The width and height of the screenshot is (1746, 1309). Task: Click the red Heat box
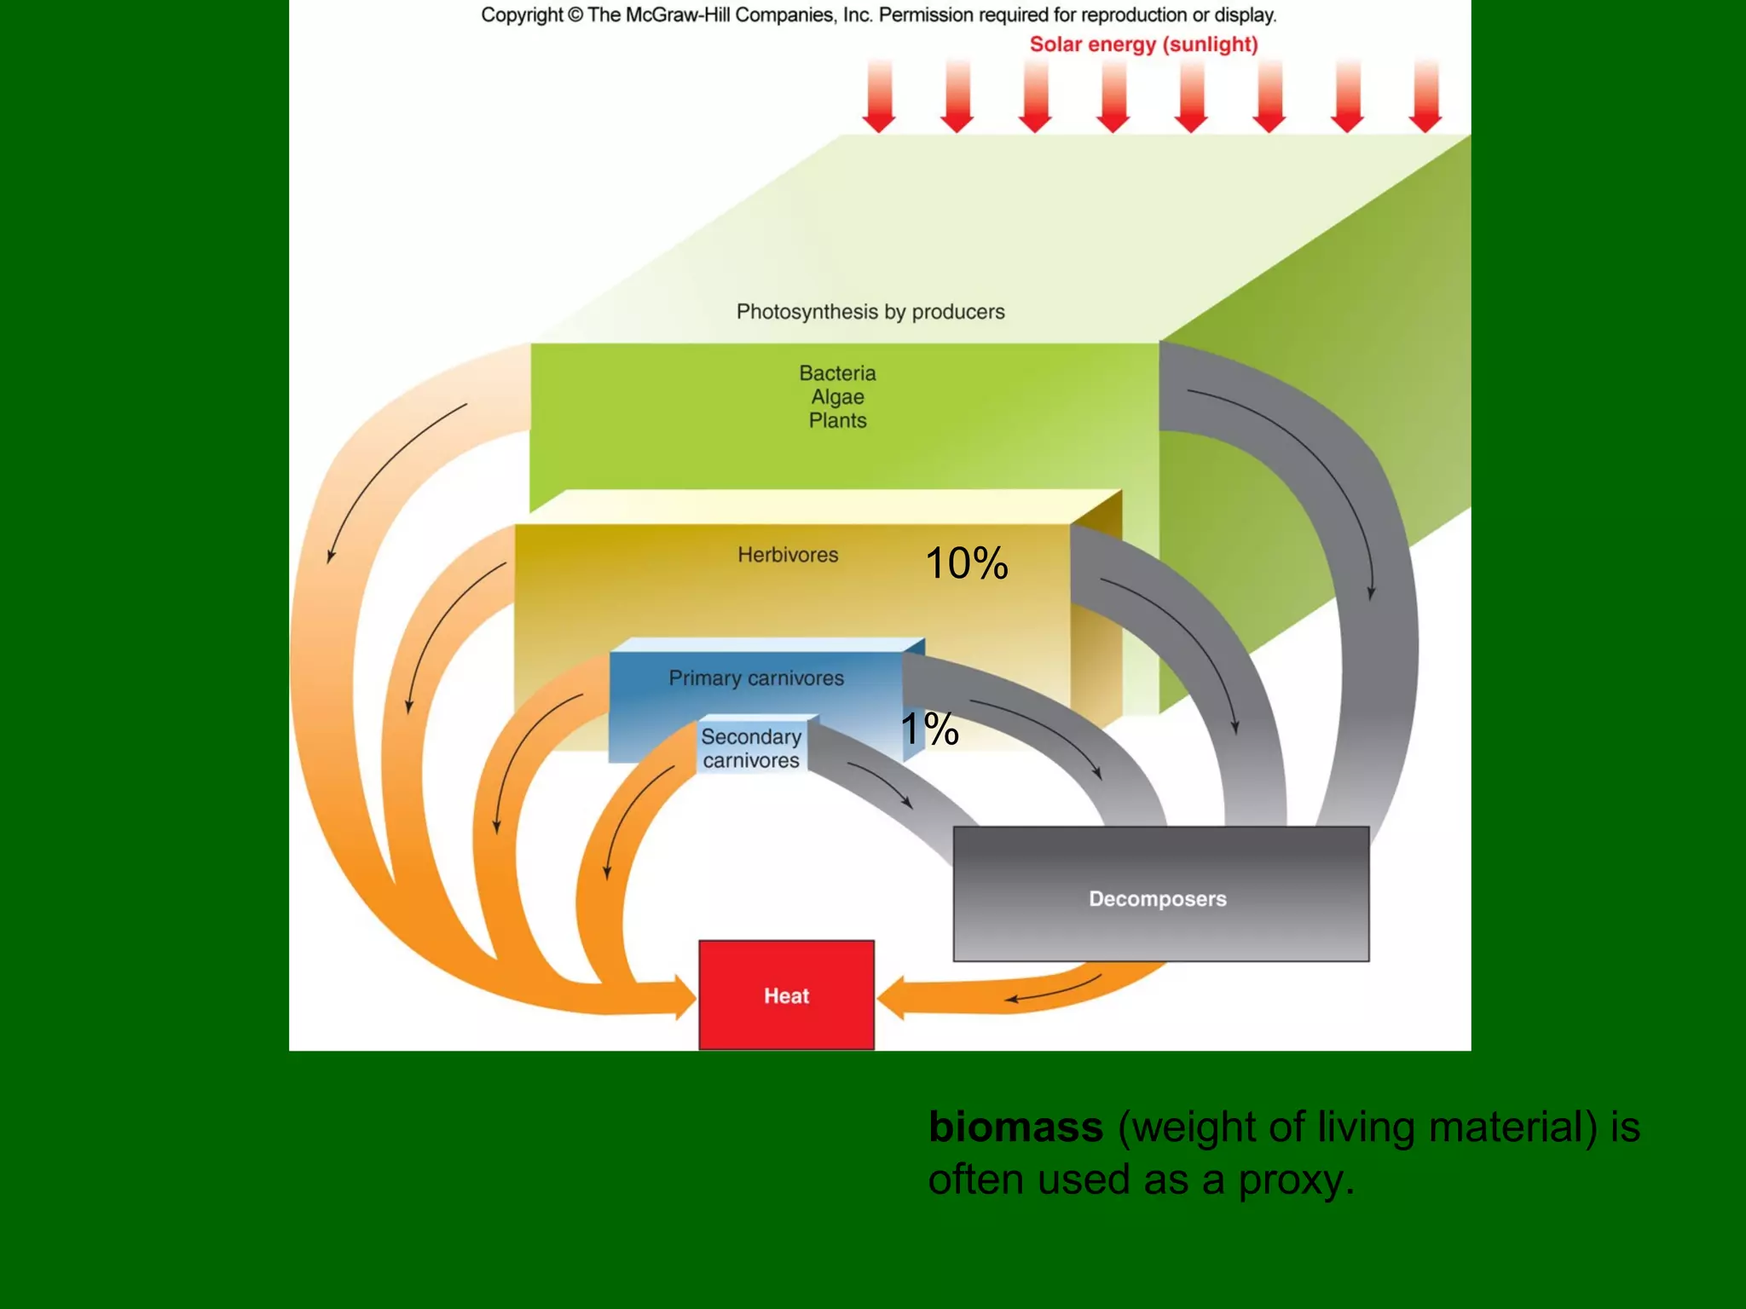(x=786, y=995)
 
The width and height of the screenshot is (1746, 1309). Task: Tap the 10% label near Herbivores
(x=967, y=564)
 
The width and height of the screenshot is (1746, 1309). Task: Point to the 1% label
(x=930, y=729)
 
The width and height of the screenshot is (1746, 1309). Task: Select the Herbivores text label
(x=788, y=555)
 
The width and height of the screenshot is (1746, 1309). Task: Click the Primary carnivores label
(x=756, y=678)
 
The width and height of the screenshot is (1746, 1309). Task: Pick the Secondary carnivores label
(x=751, y=748)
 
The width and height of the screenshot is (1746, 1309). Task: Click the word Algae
(x=837, y=397)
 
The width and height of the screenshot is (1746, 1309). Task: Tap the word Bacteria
(x=837, y=373)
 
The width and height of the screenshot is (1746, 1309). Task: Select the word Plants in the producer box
(x=837, y=421)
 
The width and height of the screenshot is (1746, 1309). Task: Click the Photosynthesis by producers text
(x=870, y=312)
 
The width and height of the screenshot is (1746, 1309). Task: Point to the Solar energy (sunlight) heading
(x=1143, y=44)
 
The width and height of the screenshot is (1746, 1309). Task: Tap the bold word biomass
(x=1015, y=1127)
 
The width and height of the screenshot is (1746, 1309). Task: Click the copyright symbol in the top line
(x=575, y=15)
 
